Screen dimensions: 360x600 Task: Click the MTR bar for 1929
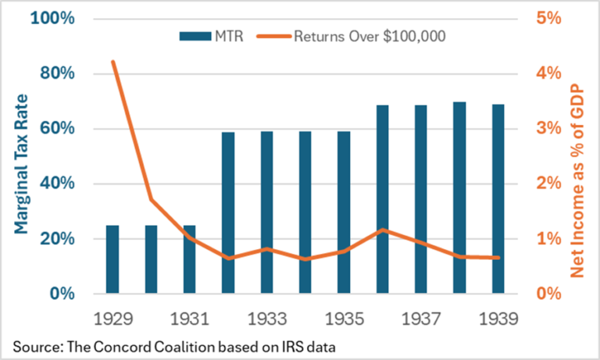pyautogui.click(x=113, y=259)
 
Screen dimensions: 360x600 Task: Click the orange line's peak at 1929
pyautogui.click(x=113, y=62)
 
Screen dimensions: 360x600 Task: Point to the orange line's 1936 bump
pyautogui.click(x=382, y=230)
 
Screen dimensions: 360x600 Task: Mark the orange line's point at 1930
pyautogui.click(x=152, y=200)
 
